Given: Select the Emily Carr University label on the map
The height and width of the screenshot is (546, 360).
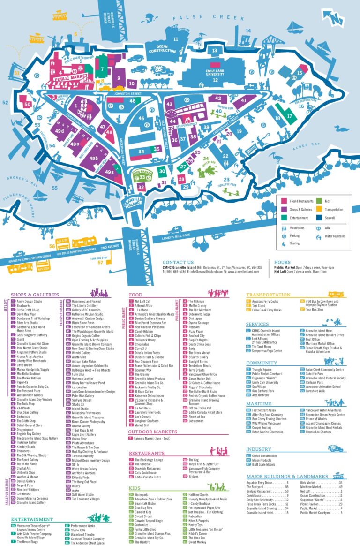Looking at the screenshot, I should coord(215,73).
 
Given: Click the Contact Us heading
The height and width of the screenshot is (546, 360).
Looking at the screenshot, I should coord(178,262).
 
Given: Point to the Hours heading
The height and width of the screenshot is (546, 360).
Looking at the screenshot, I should coord(282,262).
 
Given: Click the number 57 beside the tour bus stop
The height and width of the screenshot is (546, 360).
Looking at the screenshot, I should coord(100,262).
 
